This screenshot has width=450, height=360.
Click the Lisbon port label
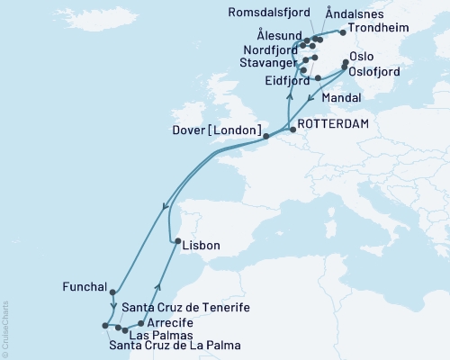[x=201, y=245]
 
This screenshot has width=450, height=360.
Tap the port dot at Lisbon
[x=177, y=241]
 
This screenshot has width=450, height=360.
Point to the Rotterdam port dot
[x=292, y=129]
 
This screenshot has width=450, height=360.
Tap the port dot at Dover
[x=265, y=137]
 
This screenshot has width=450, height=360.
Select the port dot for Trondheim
[x=342, y=32]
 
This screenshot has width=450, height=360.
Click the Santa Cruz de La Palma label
[x=175, y=345]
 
